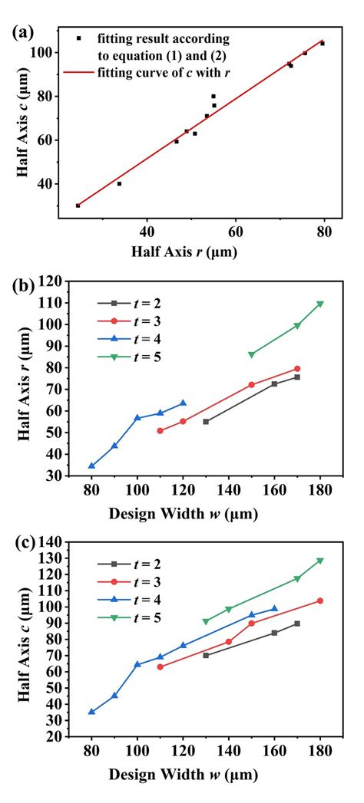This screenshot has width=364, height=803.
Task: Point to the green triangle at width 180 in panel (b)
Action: [x=320, y=304]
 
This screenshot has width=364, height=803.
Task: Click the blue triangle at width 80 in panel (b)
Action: [x=92, y=466]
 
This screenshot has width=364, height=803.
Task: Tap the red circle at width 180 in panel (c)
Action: [x=320, y=601]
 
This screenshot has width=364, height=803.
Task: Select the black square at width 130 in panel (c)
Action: [x=206, y=655]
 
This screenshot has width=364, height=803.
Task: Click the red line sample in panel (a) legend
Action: [x=79, y=73]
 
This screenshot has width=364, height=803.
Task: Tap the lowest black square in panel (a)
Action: [x=78, y=206]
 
